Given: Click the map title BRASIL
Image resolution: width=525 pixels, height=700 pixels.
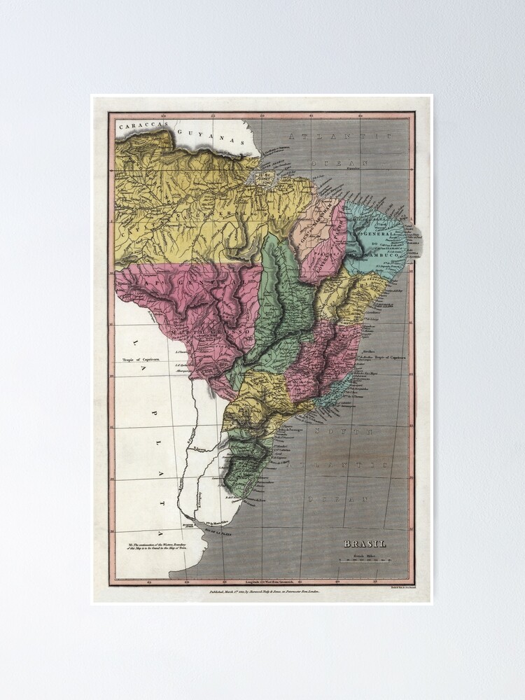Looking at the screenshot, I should click(365, 543).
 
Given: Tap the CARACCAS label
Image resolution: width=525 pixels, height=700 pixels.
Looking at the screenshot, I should click(143, 127).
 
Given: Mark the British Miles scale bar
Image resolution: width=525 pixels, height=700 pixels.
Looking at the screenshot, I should click(365, 559).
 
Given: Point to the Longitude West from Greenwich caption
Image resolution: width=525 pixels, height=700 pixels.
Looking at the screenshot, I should click(265, 582).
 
